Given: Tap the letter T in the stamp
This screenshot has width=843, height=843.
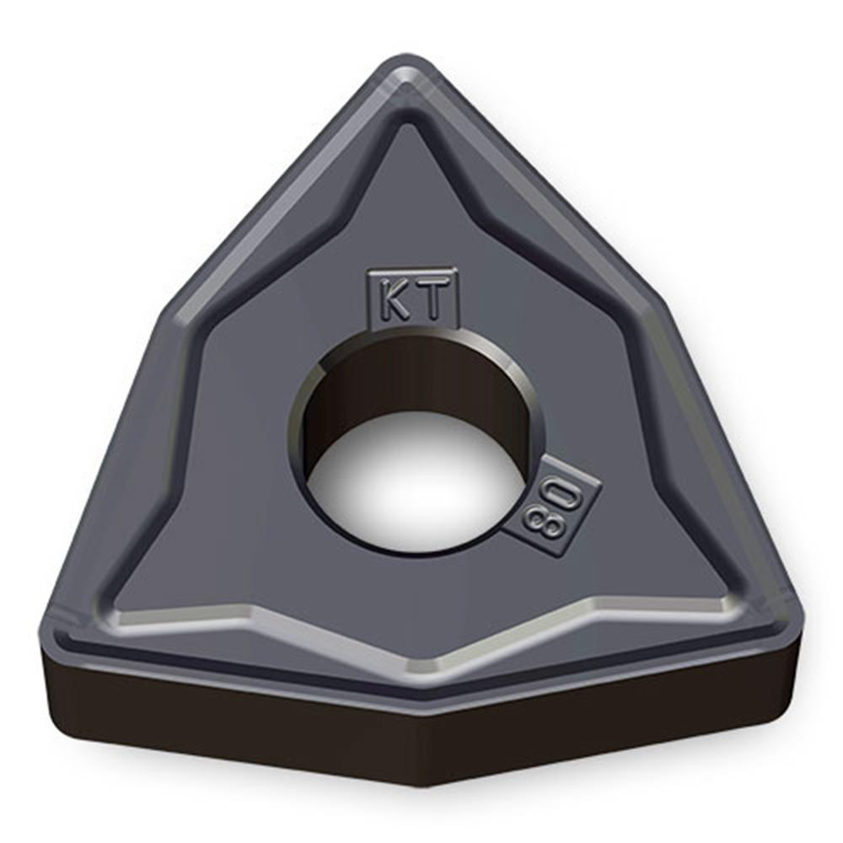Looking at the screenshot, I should [431, 299].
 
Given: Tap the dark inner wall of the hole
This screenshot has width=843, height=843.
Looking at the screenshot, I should [413, 379].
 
